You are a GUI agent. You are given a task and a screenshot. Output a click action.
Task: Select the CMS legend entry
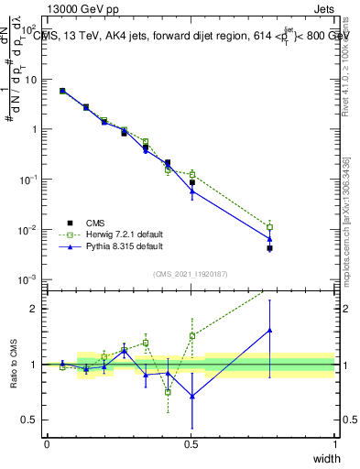(83, 223)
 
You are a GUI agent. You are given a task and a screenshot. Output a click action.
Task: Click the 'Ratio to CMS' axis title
(13, 364)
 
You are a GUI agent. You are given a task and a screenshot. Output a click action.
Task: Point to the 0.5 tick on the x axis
(191, 443)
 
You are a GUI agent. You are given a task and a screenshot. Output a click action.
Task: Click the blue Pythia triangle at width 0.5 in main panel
(191, 191)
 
